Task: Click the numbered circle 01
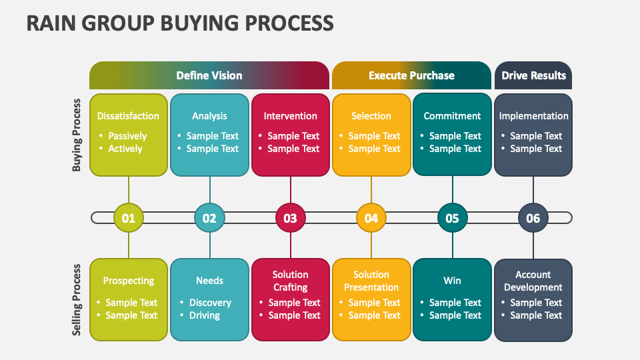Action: (x=129, y=218)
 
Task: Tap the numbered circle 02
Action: (x=209, y=218)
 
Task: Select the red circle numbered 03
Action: (x=291, y=218)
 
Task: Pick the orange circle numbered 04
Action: (x=371, y=218)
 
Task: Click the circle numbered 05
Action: (x=452, y=218)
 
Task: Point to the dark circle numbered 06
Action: (x=533, y=218)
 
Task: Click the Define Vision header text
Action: (x=209, y=75)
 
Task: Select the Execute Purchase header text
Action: (x=411, y=75)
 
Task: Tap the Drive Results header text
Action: (x=533, y=75)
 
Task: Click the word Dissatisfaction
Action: (x=128, y=116)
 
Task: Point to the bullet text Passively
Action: (x=127, y=136)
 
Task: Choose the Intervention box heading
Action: (x=291, y=116)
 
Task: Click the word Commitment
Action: (x=452, y=116)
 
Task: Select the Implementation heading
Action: (x=533, y=116)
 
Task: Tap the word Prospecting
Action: (x=129, y=281)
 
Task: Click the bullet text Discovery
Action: (x=210, y=303)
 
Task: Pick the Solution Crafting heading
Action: (x=291, y=281)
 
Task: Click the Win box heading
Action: (x=452, y=281)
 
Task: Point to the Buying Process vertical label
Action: (x=77, y=135)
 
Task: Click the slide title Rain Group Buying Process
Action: (x=180, y=23)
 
